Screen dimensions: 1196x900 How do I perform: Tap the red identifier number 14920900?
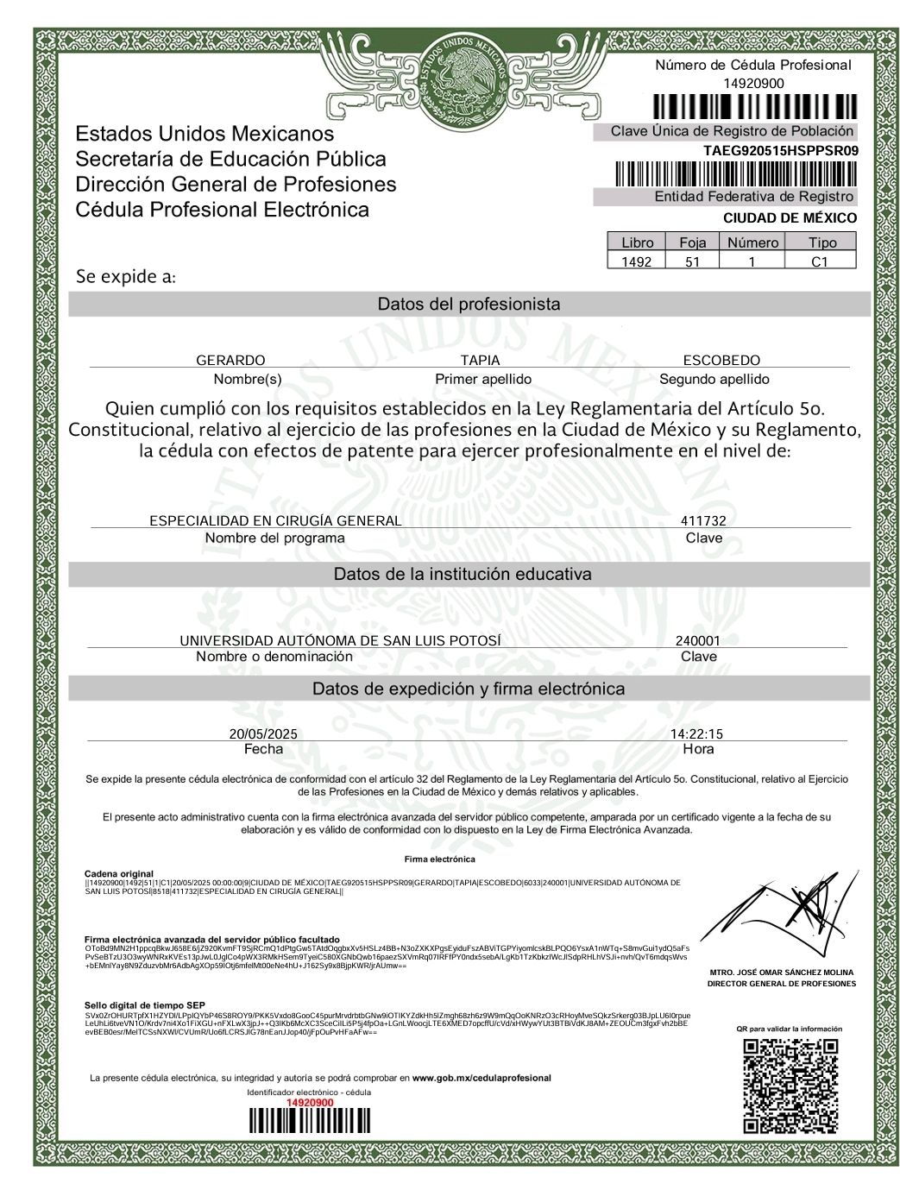309,1103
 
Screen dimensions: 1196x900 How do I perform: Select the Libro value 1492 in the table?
637,261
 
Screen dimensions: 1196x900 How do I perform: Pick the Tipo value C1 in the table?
820,261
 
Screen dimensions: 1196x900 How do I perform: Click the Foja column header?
692,242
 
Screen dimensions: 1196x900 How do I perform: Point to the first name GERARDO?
230,360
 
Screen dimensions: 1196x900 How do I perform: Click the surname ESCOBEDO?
721,360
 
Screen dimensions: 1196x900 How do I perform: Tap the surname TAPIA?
480,360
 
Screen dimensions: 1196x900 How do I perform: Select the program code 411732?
703,520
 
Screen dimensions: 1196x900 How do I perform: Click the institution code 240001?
697,640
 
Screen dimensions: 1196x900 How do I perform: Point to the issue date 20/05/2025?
263,733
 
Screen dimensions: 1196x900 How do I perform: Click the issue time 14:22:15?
696,733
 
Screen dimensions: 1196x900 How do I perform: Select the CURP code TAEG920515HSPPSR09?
781,149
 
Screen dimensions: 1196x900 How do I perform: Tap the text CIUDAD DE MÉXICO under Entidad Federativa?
790,217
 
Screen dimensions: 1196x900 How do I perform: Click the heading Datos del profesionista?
469,304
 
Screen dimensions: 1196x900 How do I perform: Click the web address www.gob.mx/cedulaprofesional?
481,1078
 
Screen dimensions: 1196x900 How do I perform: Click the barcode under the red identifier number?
309,1121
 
